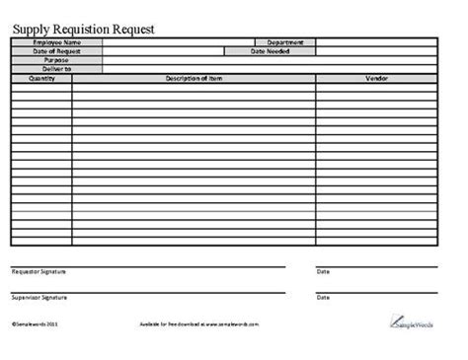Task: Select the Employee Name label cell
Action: (x=56, y=42)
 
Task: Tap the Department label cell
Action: (x=284, y=42)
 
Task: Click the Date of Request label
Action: (x=56, y=51)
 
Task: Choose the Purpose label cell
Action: (x=56, y=59)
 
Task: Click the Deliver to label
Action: (x=56, y=68)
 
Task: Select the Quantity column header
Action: (x=41, y=77)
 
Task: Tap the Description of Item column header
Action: (x=194, y=77)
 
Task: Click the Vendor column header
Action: (x=376, y=77)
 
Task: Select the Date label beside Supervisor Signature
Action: (x=323, y=297)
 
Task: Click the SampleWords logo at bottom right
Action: (x=410, y=322)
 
